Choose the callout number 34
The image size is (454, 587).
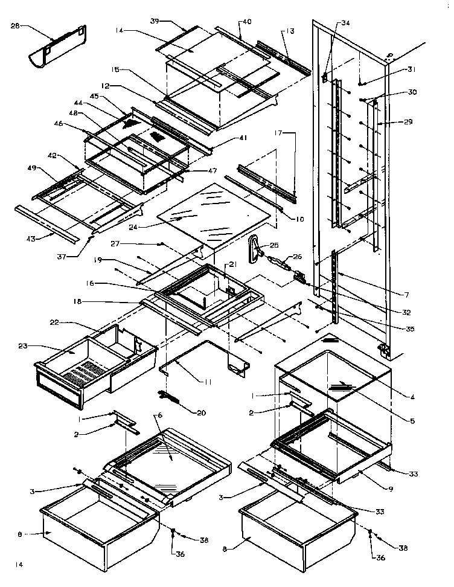[x=345, y=23]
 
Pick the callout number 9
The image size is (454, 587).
[x=391, y=488]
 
